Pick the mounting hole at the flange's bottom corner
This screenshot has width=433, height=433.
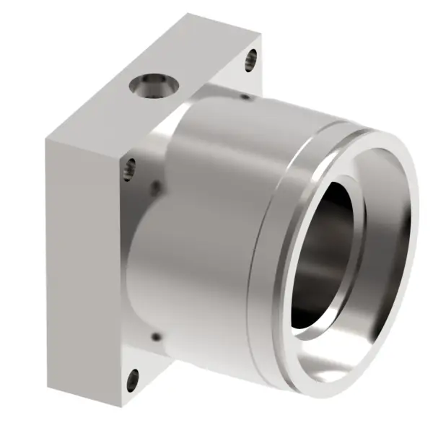(x=131, y=379)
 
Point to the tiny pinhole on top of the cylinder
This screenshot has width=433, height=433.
(x=246, y=96)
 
